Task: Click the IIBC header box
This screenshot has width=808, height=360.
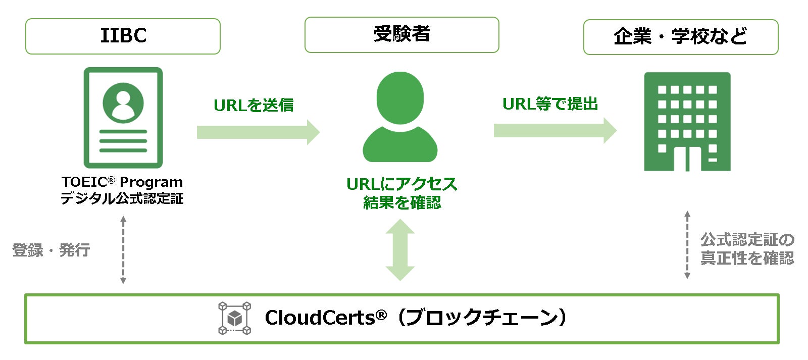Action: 123,36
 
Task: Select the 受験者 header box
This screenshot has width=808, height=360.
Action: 401,35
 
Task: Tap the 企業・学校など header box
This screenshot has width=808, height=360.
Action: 680,37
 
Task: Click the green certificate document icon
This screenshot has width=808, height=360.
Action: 123,118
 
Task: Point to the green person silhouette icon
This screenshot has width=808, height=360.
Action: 400,117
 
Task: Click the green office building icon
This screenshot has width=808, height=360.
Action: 687,122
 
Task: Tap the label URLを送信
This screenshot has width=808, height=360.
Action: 254,105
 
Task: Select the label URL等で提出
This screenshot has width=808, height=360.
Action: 550,104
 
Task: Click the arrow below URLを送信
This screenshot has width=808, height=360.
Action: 258,132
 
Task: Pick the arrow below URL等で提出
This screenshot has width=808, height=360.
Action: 554,131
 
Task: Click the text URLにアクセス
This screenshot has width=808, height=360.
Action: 401,184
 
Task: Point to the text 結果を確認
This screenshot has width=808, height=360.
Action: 401,202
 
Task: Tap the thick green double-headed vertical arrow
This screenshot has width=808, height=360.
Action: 400,250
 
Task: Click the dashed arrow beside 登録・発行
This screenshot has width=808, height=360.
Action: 123,250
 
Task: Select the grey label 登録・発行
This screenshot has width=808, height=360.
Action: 51,250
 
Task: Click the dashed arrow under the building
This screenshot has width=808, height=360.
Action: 687,245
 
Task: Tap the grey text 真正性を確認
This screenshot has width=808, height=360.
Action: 747,258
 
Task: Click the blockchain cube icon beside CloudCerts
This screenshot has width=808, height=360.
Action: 234,318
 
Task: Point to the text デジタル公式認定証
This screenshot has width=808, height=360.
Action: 122,198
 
